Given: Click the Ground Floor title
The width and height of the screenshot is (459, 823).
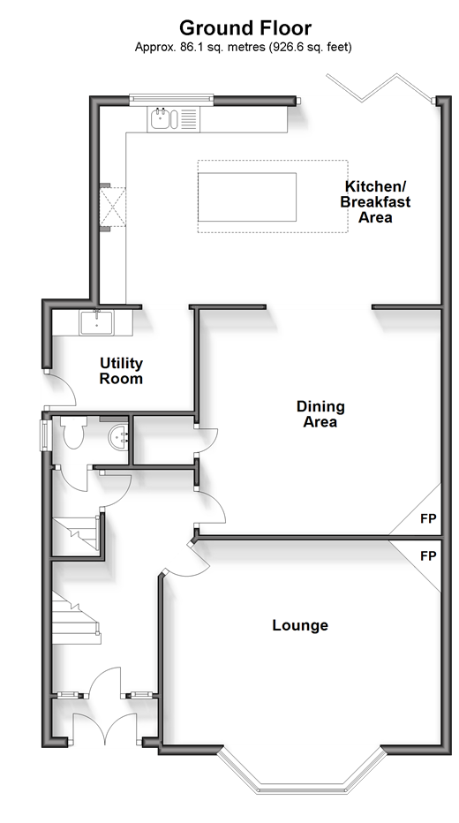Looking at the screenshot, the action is (245, 27).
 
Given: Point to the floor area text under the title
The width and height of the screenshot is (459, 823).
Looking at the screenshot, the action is (243, 47).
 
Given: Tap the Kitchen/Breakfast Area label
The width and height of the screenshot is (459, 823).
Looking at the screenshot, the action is (376, 201).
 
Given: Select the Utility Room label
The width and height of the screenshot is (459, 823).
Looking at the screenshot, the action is (121, 371).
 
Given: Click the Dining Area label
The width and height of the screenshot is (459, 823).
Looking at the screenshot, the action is (320, 413).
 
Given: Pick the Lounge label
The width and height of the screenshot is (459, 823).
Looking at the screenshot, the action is (300, 625).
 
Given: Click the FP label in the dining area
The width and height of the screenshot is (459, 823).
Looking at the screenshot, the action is (428, 518).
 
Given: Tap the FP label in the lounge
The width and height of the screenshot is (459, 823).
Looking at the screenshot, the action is (428, 555).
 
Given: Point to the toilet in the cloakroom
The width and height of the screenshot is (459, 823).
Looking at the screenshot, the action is (73, 433).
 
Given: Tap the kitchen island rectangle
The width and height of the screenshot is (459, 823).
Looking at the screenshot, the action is (247, 197).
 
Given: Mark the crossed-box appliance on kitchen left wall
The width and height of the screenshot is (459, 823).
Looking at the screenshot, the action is (113, 208).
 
